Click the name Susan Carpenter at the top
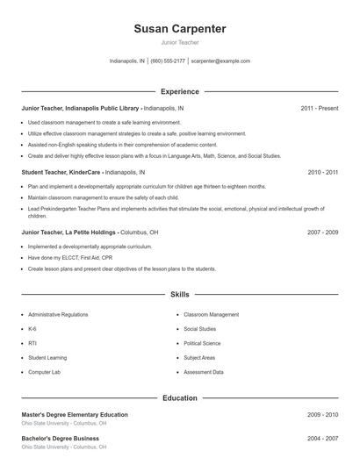(180, 29)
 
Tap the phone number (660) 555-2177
(168, 61)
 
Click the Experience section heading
(180, 91)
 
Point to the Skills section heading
(180, 296)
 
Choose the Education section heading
(180, 397)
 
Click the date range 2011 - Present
(319, 108)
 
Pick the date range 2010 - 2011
(322, 173)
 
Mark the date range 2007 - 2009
(322, 232)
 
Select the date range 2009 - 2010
(322, 414)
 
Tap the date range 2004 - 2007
(322, 437)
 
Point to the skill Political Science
(202, 343)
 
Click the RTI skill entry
(32, 343)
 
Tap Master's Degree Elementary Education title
(75, 414)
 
